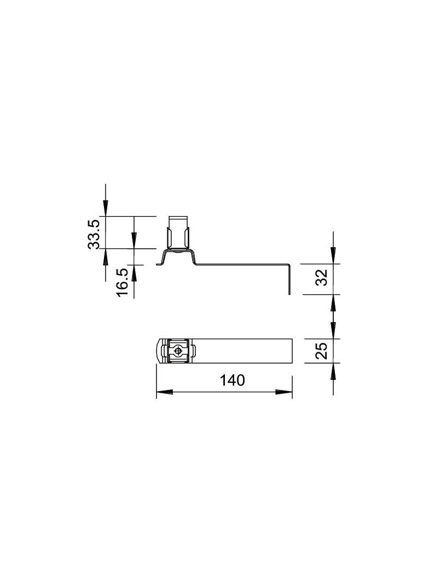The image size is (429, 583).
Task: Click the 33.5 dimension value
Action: pos(94,234)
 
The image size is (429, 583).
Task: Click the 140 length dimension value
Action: pos(232,381)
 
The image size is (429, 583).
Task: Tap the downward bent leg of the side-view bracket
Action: pos(288,279)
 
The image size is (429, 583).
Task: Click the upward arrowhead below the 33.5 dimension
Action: pos(106,256)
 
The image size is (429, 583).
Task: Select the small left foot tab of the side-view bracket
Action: pos(160,265)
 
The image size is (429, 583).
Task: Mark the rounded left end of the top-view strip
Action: pos(159,351)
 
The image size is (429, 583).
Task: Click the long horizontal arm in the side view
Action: pos(241,265)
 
